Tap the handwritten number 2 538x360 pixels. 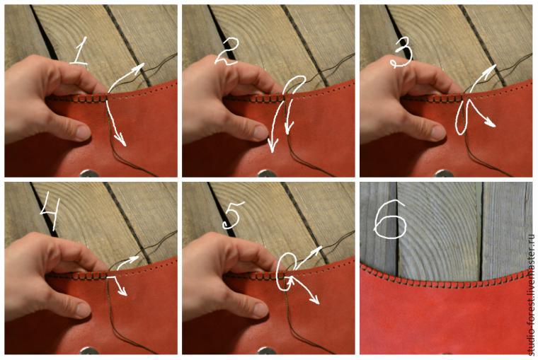[x=227, y=52]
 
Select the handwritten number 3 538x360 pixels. [x=402, y=56]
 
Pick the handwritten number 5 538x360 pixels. [x=233, y=215]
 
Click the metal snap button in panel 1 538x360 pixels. [x=89, y=173]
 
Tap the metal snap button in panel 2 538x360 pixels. [x=267, y=173]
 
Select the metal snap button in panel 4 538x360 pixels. [x=89, y=351]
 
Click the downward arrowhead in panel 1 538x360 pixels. [x=121, y=140]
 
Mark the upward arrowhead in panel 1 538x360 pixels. [x=139, y=67]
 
